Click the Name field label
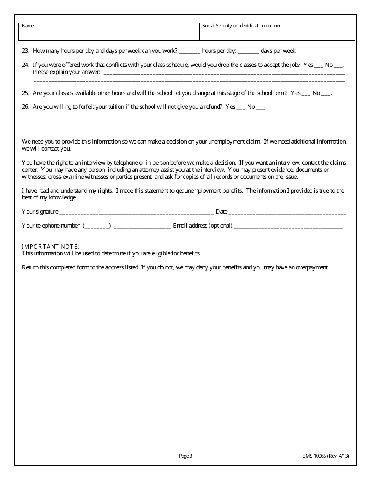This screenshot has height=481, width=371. [x=28, y=26]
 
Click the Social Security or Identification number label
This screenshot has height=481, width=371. [x=241, y=26]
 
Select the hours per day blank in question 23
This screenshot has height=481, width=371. [x=190, y=51]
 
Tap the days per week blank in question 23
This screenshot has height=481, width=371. [x=248, y=51]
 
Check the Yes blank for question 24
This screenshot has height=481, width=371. [x=319, y=65]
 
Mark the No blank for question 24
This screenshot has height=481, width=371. [x=339, y=65]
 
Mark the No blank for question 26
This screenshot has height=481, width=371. [x=261, y=107]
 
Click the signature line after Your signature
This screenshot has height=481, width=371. [x=136, y=212]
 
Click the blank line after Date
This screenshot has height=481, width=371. [x=287, y=212]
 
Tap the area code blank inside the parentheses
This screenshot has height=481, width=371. [x=96, y=226]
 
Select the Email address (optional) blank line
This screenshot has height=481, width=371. [x=288, y=226]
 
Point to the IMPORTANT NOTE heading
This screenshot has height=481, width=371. [x=51, y=246]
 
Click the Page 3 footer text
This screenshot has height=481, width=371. [x=185, y=456]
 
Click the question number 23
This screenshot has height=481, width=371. [x=25, y=51]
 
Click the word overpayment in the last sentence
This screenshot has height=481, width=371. [x=313, y=268]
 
